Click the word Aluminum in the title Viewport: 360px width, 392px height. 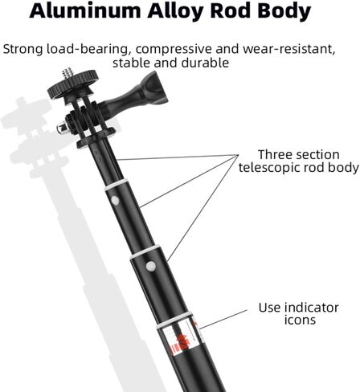click(x=85, y=10)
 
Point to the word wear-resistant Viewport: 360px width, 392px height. click(x=289, y=49)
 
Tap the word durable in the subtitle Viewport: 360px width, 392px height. click(x=205, y=63)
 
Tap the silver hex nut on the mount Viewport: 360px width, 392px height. click(x=61, y=127)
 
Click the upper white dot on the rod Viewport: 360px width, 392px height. click(x=115, y=200)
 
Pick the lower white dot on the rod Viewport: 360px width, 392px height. click(x=151, y=266)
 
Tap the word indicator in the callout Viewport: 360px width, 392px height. click(x=312, y=308)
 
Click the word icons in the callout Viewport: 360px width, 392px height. click(x=300, y=320)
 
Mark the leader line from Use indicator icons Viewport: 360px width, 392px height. click(x=223, y=320)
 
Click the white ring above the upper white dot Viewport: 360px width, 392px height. click(x=117, y=185)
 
